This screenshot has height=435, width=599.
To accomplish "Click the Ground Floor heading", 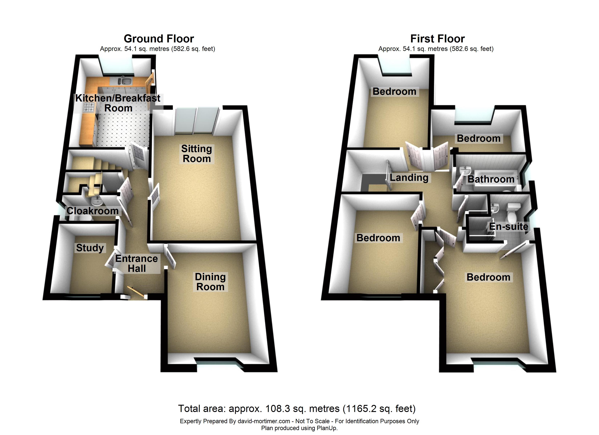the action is coord(159,39).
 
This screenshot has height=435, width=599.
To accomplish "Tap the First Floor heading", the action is coord(437,39).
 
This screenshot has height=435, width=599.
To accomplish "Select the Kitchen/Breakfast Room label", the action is coord(118,103).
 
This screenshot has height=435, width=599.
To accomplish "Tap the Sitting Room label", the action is coord(197,154).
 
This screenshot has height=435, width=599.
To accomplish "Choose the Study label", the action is coord(90,248).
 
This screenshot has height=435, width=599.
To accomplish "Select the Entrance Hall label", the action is coord(136,264).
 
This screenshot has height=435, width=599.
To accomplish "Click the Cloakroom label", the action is coord(92,211).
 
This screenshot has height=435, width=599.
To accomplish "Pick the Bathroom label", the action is coord(491,179).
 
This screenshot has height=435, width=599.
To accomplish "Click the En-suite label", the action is coord(508,226).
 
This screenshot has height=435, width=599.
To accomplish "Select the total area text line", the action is coord(297,409).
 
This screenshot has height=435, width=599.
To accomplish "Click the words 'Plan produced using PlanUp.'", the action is coord(299,428).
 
